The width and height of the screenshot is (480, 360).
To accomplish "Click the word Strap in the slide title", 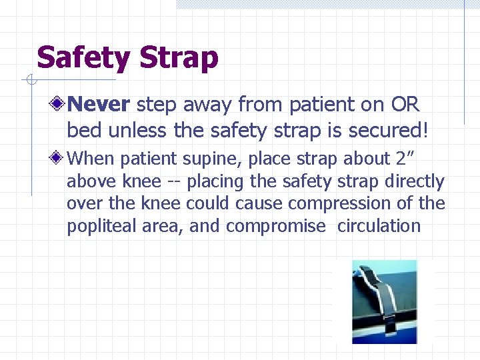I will [179, 58].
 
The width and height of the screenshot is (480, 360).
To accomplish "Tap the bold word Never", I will [99, 104].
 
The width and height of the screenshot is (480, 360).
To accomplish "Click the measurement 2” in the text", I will [406, 159].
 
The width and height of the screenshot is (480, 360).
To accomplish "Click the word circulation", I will [379, 226].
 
